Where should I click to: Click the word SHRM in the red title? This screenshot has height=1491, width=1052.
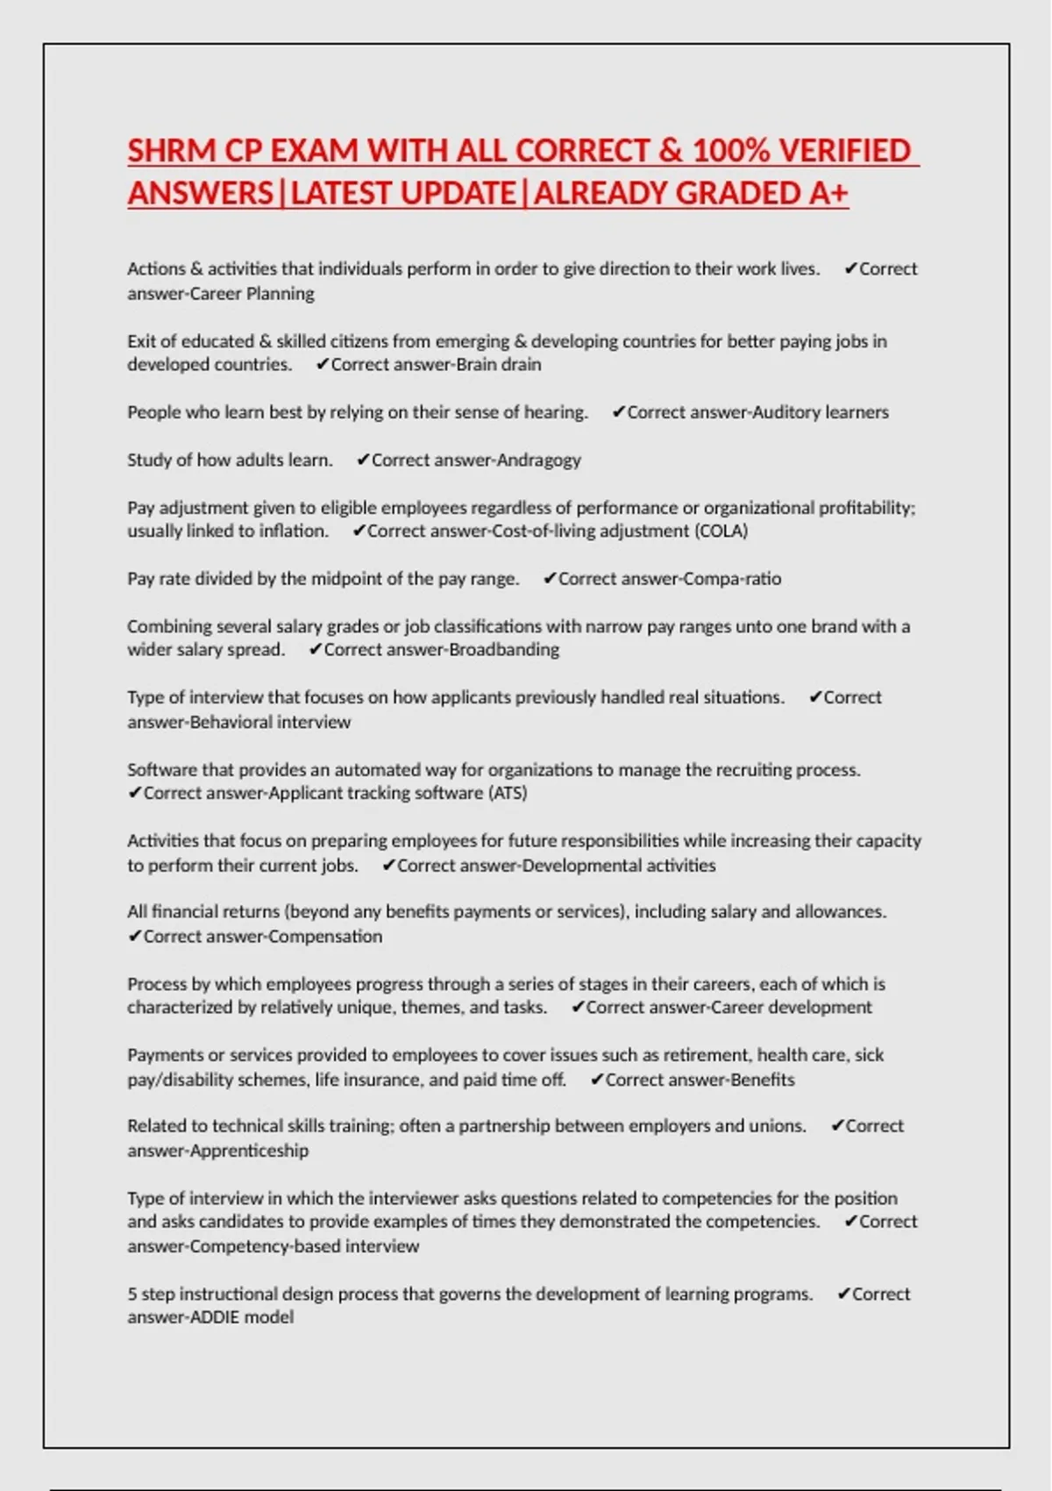click(171, 151)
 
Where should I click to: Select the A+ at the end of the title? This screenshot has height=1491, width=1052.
click(828, 193)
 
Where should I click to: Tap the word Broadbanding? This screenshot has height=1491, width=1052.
click(504, 650)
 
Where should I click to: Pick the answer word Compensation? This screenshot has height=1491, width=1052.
click(326, 936)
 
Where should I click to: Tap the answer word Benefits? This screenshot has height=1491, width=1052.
click(762, 1080)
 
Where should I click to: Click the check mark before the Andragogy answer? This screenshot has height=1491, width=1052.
click(363, 460)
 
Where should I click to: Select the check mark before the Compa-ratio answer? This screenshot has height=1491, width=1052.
click(550, 579)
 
